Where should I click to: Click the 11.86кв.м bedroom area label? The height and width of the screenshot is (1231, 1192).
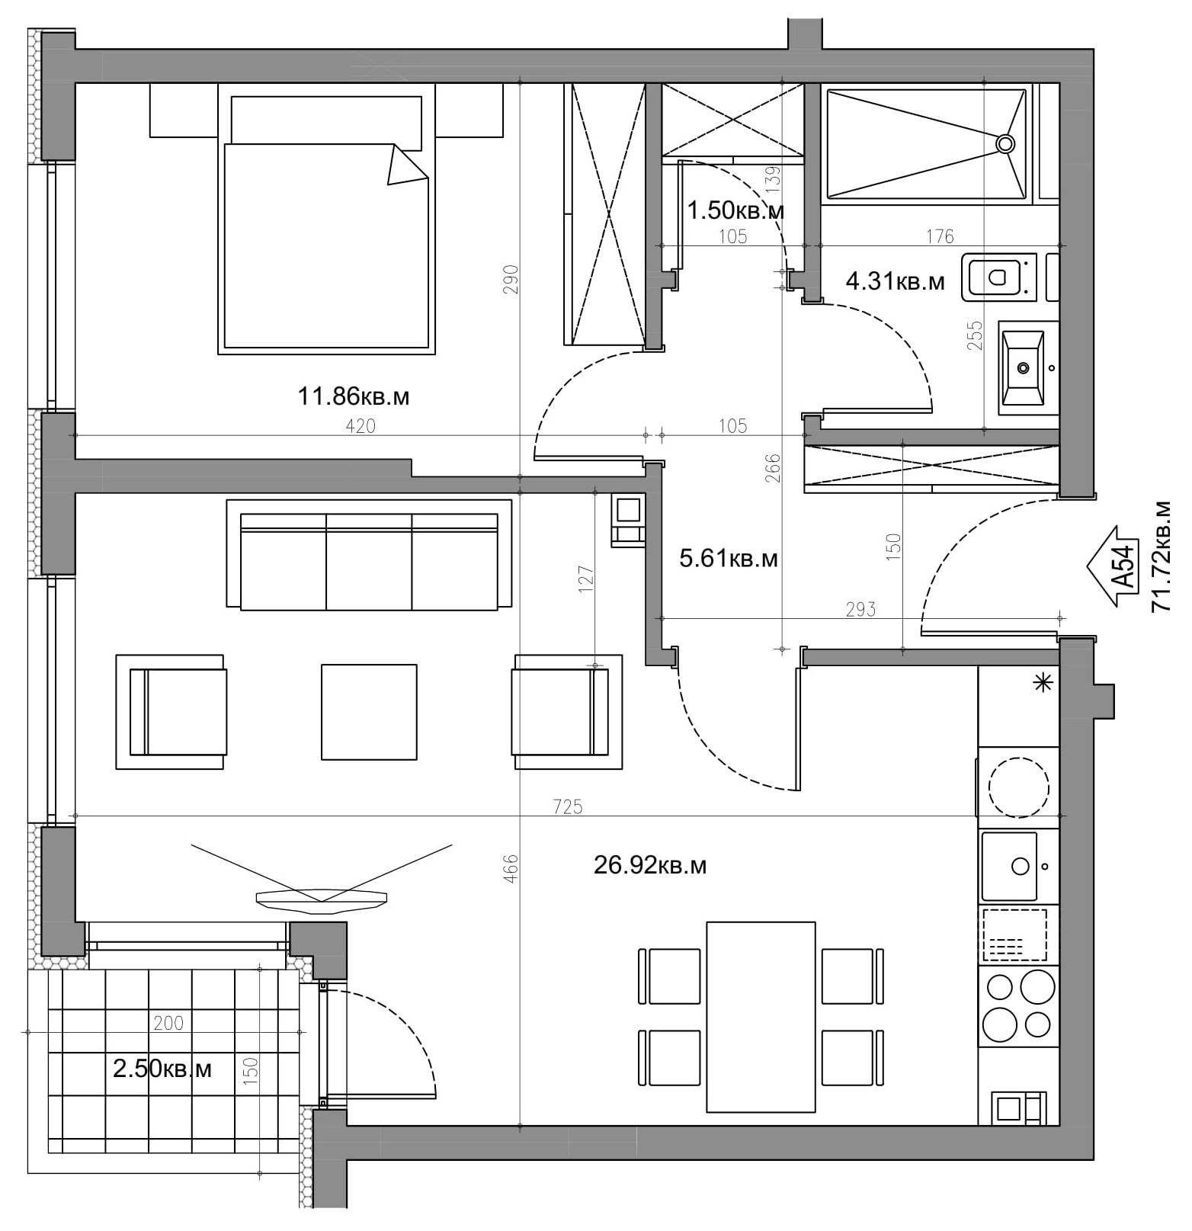353,396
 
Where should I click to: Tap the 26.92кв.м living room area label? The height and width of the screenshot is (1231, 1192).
649,865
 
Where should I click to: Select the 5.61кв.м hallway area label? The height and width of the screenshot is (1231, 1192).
729,559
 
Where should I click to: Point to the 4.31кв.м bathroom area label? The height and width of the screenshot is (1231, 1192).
895,282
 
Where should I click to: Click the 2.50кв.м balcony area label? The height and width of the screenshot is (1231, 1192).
162,1069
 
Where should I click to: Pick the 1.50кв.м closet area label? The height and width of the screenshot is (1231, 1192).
735,210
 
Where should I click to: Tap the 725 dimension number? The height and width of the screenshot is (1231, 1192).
568,806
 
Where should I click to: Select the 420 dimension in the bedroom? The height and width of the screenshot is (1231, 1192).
360,426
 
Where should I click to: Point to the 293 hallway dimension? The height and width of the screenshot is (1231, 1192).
860,609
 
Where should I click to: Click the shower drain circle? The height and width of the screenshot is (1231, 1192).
1005,143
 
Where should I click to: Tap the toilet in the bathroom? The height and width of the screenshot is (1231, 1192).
998,277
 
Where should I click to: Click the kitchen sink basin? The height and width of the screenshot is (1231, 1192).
1009,866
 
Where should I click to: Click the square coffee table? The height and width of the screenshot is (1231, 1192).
369,712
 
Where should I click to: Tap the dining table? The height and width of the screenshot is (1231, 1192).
761,1018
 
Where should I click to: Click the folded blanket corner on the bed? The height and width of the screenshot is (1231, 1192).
405,165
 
